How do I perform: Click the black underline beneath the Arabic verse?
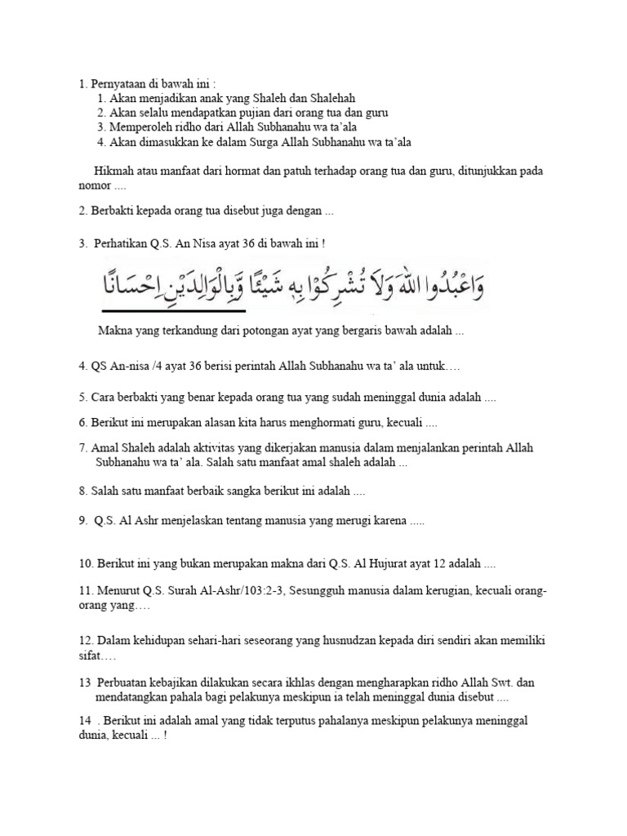click(x=172, y=311)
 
